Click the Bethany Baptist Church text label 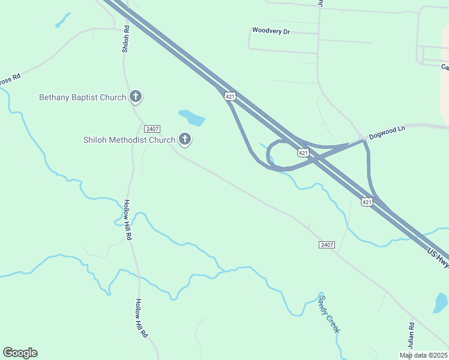[82, 97]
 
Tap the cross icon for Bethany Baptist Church [136, 97]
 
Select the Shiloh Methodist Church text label [129, 140]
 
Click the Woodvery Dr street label [271, 31]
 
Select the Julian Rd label [411, 335]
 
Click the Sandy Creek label [329, 314]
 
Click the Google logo [20, 353]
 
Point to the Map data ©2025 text [424, 355]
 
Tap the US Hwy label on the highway [438, 257]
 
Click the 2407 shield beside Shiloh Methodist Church [152, 128]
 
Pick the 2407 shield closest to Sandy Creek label [327, 245]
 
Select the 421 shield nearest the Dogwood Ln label [303, 153]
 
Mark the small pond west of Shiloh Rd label [62, 21]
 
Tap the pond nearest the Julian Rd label [441, 303]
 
